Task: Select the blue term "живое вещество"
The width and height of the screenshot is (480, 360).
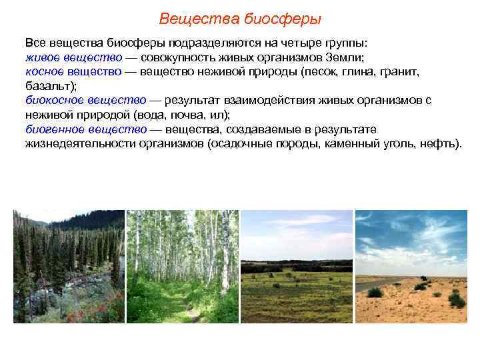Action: tap(73, 56)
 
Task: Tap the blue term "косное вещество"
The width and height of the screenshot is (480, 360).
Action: tap(74, 71)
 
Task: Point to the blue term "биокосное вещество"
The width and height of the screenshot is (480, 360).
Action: tap(85, 100)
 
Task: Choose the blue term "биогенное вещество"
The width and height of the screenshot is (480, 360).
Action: tap(86, 129)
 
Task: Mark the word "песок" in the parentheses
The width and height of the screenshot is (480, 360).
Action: tap(319, 71)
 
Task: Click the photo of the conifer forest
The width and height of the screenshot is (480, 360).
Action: tap(69, 267)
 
